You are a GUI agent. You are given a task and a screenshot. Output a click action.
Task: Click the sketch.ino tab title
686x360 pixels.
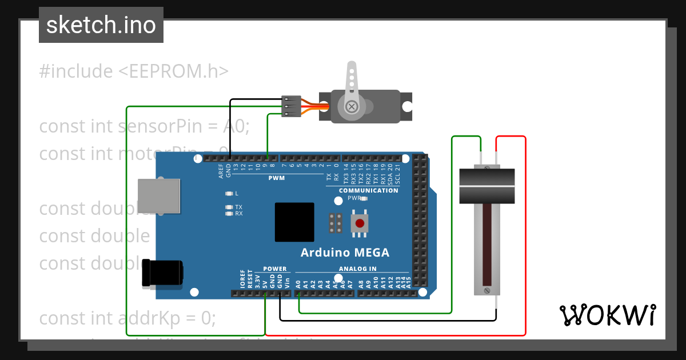click(x=101, y=25)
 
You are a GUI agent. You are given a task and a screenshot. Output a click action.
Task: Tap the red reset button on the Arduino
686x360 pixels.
click(x=360, y=223)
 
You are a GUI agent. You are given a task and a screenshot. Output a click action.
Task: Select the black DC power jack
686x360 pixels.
click(x=163, y=273)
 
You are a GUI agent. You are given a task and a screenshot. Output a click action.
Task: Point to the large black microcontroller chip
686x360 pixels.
click(x=294, y=222)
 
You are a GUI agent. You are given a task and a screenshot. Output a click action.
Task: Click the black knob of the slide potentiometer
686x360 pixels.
click(x=487, y=185)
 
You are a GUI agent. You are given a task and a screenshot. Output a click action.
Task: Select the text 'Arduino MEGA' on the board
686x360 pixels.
click(x=345, y=253)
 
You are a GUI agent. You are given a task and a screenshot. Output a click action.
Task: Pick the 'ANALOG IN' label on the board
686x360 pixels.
click(x=358, y=269)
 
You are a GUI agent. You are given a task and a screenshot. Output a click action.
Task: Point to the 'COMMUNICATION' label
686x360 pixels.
click(x=369, y=190)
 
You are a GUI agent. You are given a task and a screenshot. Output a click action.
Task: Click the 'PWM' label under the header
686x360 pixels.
click(x=277, y=178)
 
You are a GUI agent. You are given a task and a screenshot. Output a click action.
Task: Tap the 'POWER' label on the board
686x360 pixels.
click(x=275, y=269)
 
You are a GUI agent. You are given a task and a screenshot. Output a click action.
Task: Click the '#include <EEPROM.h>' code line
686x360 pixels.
click(x=134, y=71)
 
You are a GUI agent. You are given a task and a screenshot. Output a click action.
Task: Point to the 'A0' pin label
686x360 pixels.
click(x=298, y=283)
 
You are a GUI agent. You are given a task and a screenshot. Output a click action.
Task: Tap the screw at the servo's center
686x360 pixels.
click(x=352, y=106)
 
